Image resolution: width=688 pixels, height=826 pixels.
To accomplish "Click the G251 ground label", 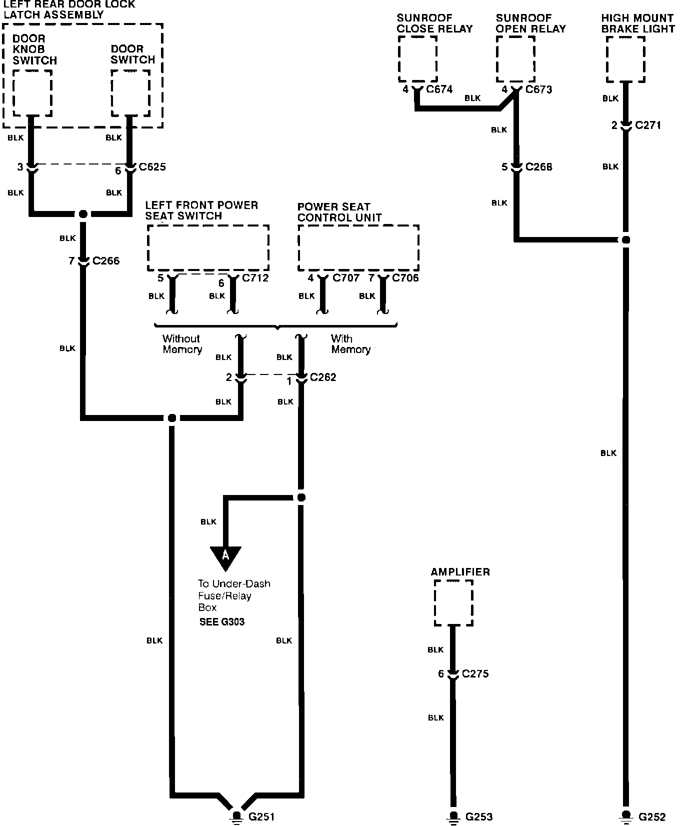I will pyautogui.click(x=261, y=817).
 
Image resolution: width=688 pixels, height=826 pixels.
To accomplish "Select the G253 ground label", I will pyautogui.click(x=479, y=817).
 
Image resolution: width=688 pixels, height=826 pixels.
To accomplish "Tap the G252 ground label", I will pyautogui.click(x=652, y=817).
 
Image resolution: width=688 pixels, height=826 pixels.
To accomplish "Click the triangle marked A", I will pyautogui.click(x=225, y=556).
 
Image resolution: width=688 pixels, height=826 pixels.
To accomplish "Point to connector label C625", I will pyautogui.click(x=152, y=167).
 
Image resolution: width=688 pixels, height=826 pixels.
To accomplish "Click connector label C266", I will pyautogui.click(x=106, y=260).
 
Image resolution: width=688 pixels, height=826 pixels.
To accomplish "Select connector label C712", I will pyautogui.click(x=255, y=278).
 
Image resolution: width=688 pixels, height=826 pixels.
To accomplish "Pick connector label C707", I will pyautogui.click(x=346, y=278).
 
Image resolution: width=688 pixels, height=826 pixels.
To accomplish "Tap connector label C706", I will pyautogui.click(x=405, y=278).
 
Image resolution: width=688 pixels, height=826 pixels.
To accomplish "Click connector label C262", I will pyautogui.click(x=323, y=377).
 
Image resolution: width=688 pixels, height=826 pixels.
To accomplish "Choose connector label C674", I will pyautogui.click(x=439, y=89).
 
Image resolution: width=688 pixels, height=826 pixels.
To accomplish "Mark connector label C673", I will pyautogui.click(x=538, y=89).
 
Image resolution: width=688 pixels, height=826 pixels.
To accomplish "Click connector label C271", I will pyautogui.click(x=648, y=125).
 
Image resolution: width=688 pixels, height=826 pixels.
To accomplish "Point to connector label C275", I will pyautogui.click(x=475, y=673).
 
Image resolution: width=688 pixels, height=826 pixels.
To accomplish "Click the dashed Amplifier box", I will pyautogui.click(x=453, y=602).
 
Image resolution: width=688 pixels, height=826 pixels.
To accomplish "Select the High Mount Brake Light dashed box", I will pyautogui.click(x=625, y=59).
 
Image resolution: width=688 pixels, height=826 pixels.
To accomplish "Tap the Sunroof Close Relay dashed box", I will pyautogui.click(x=418, y=59).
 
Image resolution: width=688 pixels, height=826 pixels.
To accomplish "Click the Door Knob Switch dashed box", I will pyautogui.click(x=32, y=93).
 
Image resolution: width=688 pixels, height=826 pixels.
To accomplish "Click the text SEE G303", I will pyautogui.click(x=222, y=622).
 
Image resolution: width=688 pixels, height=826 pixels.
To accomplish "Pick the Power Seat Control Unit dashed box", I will pyautogui.click(x=358, y=248).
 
